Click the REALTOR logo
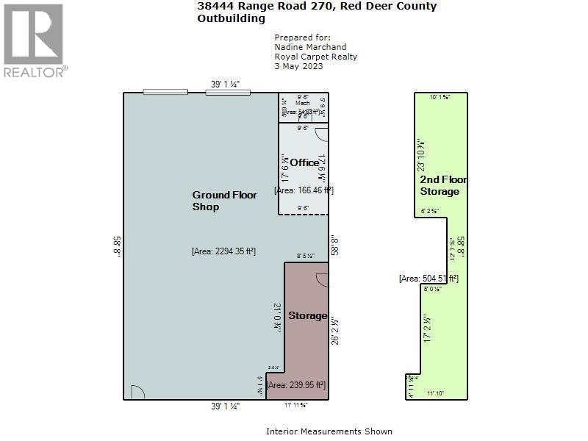(x=34, y=40)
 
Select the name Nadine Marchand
(x=309, y=47)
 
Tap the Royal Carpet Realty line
(x=315, y=57)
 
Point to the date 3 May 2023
(x=298, y=66)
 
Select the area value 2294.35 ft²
(x=223, y=251)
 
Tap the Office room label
(x=304, y=162)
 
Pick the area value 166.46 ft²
(x=304, y=190)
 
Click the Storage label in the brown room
(x=307, y=315)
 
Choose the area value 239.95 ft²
(x=295, y=384)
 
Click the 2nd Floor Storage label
(x=440, y=185)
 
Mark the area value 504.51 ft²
(x=429, y=278)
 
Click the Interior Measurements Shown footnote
(x=329, y=431)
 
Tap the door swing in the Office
(x=320, y=134)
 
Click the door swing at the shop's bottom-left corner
(x=137, y=392)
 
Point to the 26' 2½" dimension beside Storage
(x=335, y=331)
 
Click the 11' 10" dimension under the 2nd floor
(x=437, y=394)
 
